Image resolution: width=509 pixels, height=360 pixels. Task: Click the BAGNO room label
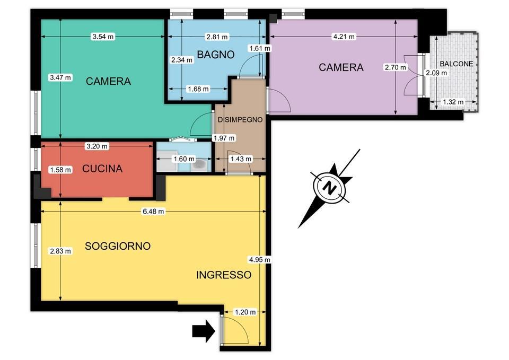click(x=216, y=55)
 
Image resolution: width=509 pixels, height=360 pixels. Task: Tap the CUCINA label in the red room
click(x=102, y=169)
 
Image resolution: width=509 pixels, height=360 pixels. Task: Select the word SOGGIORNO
click(x=118, y=246)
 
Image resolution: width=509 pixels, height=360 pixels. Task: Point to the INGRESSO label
click(x=224, y=275)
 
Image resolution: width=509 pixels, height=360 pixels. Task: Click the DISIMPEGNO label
click(x=240, y=120)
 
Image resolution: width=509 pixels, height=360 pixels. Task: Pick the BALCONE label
click(x=457, y=64)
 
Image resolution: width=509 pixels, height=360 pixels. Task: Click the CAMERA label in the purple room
click(x=341, y=67)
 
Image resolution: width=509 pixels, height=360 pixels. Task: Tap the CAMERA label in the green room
click(x=108, y=81)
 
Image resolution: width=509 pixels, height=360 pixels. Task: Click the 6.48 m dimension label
click(x=154, y=212)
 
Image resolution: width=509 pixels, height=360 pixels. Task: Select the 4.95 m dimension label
click(x=259, y=260)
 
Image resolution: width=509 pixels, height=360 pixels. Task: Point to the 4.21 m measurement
click(x=344, y=37)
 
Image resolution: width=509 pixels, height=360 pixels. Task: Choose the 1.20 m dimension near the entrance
click(x=245, y=312)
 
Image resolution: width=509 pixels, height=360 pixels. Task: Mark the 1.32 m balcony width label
click(x=453, y=102)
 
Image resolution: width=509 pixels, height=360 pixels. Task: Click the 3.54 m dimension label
click(x=103, y=37)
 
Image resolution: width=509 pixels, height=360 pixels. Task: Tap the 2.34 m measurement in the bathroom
click(x=182, y=60)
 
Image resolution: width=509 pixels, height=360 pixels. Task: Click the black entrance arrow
click(x=204, y=331)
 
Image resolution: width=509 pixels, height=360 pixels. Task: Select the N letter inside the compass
click(x=330, y=188)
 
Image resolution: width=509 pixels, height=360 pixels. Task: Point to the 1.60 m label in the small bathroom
click(x=184, y=159)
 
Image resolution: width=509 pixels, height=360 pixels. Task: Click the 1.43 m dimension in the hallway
click(x=241, y=159)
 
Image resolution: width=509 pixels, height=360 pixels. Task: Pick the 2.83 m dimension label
click(x=60, y=251)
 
